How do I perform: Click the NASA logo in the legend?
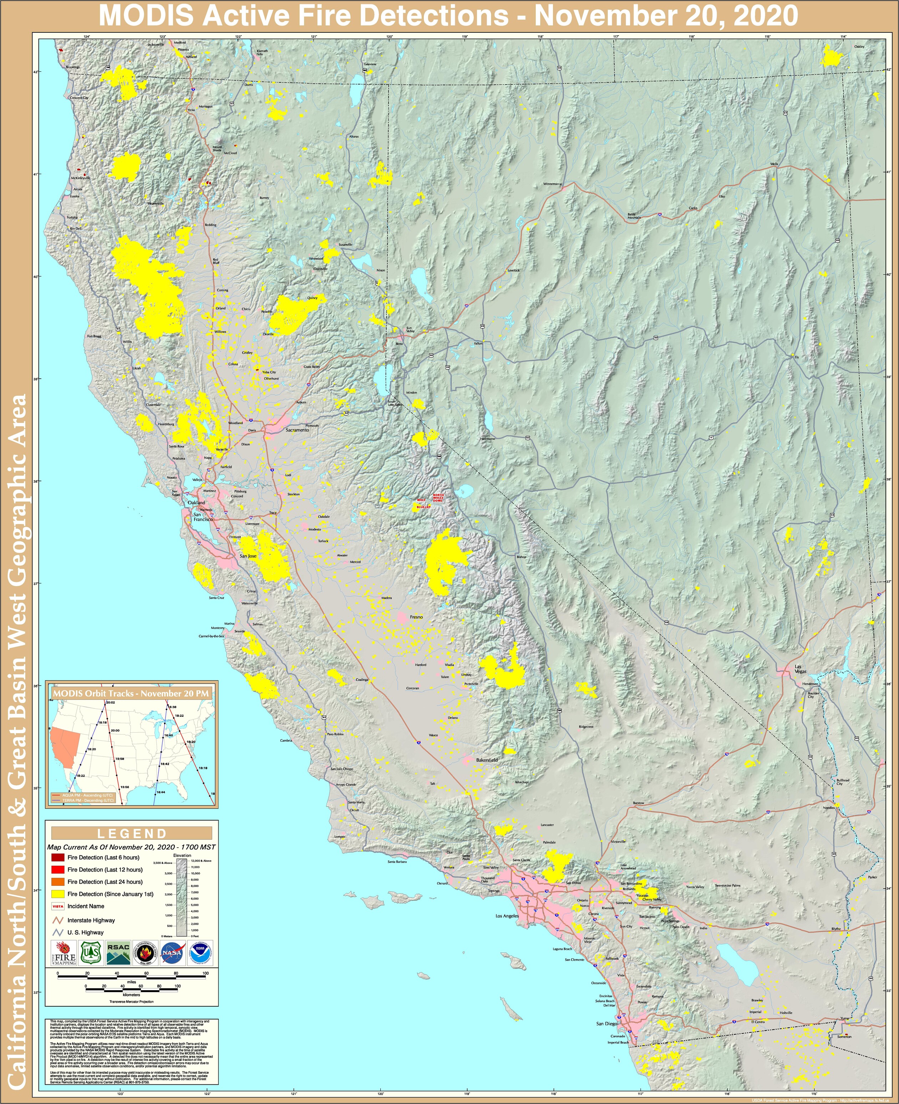point(171,953)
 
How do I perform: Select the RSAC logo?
point(118,953)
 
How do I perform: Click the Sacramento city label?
point(297,430)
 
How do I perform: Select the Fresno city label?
point(416,617)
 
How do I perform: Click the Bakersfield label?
point(487,760)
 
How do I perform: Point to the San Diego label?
point(606,1023)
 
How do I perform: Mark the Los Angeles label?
point(507,916)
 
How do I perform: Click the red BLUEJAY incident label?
point(423,507)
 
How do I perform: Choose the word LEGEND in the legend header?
point(132,833)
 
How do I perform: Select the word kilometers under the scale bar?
point(132,995)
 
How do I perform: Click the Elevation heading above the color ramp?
point(182,855)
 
